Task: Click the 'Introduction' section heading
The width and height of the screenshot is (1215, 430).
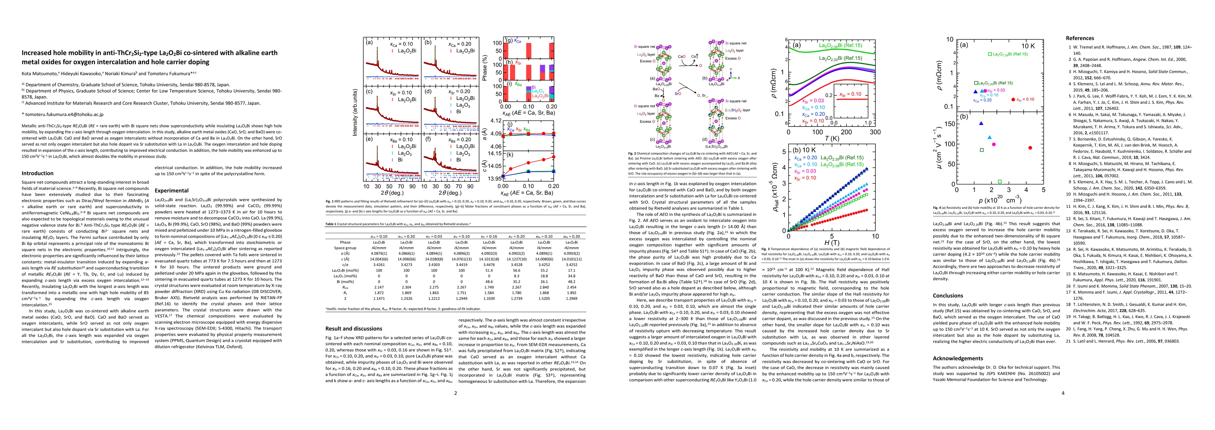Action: tap(38, 173)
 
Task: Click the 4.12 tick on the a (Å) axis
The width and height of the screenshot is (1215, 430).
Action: tap(495, 121)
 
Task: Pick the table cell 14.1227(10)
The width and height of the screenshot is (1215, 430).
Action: tap(517, 259)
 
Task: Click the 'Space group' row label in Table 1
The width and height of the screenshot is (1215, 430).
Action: tap(345, 248)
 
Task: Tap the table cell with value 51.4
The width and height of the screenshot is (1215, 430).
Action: tap(490, 271)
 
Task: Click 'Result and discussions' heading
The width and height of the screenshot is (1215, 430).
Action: tap(354, 329)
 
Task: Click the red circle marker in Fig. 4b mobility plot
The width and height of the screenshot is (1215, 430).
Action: tap(1030, 148)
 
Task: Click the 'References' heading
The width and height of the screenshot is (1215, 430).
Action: tap(1080, 38)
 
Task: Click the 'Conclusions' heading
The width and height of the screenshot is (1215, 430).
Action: tap(949, 296)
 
